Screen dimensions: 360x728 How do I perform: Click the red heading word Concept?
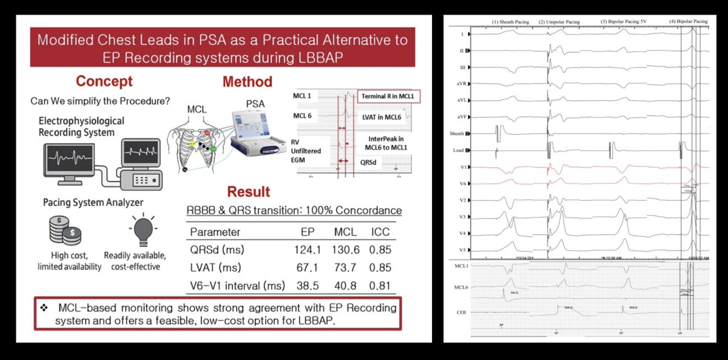pyautogui.click(x=104, y=81)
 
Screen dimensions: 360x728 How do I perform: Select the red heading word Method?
pyautogui.click(x=247, y=81)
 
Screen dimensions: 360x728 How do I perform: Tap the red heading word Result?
pyautogui.click(x=249, y=192)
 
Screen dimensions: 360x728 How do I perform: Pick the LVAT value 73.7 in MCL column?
pyautogui.click(x=345, y=267)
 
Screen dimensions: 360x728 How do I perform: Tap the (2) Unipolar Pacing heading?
pyautogui.click(x=559, y=22)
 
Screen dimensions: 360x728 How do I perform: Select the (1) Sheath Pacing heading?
pyautogui.click(x=510, y=22)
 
